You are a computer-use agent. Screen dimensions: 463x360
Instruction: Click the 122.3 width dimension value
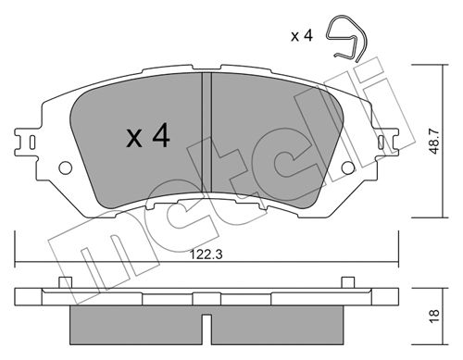[x=206, y=254]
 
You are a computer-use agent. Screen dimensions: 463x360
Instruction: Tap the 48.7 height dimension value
[x=434, y=141]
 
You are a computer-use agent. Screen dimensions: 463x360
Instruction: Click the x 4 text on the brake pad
[x=148, y=135]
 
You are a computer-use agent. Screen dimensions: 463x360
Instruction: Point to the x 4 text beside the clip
[x=302, y=36]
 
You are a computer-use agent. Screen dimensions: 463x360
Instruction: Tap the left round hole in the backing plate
[x=66, y=168]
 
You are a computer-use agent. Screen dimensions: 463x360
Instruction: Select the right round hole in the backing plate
[x=348, y=168]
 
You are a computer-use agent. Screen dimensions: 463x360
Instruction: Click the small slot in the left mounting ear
[x=31, y=143]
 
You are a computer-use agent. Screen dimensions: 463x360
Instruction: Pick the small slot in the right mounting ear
[x=382, y=143]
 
